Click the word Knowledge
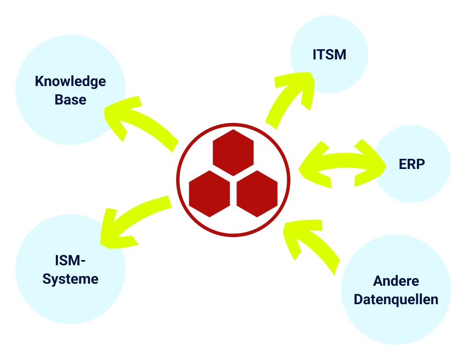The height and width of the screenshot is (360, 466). point(70,81)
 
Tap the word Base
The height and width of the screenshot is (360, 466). point(71,99)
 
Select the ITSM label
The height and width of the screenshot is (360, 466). point(329,54)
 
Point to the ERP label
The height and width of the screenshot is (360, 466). point(412,164)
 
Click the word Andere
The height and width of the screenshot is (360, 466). point(396,281)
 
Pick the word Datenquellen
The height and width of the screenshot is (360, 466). point(396,300)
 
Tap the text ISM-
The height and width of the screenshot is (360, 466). point(70,261)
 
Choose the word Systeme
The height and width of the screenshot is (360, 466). point(71,279)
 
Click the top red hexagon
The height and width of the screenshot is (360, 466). point(234,153)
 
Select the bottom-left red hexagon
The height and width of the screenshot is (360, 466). point(209,194)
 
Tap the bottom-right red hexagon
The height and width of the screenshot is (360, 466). point(257,194)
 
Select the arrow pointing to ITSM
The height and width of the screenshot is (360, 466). point(287,95)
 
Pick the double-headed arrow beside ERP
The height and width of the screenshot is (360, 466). point(343,163)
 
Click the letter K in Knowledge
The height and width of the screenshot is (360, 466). point(39,81)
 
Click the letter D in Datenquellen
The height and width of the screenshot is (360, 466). point(358,300)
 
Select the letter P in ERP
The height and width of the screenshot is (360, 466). point(421,164)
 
